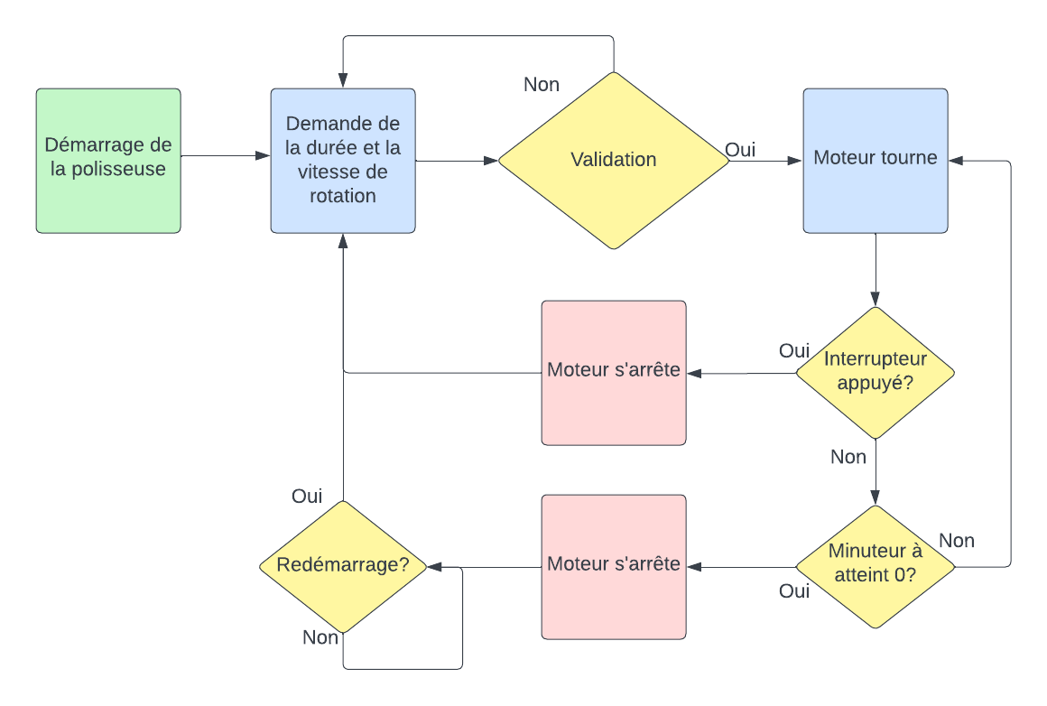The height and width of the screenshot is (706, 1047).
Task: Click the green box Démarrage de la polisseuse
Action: pos(108,160)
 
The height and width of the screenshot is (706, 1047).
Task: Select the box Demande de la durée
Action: pos(343,160)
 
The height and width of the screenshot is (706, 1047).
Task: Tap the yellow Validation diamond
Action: pos(614,160)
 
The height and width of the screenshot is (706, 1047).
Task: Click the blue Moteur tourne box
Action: pos(876,160)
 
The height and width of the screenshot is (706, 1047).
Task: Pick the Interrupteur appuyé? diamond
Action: pos(875,372)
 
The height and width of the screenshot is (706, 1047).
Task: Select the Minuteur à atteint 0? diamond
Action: pos(875,566)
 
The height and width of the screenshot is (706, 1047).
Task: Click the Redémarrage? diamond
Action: pos(343,566)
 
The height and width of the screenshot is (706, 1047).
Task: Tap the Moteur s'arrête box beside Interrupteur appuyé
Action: pos(614,372)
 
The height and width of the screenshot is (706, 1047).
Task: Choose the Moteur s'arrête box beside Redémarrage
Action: pos(614,566)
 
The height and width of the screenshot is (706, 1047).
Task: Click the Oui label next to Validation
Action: pos(740,150)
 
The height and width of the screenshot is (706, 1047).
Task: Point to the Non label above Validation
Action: pos(542,85)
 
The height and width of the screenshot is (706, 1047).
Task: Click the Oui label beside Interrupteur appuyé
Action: pos(794,350)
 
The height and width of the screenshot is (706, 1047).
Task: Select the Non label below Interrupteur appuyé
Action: pos(848,458)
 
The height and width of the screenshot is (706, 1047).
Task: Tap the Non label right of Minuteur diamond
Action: pos(957,541)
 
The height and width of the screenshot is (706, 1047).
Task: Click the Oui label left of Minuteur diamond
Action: pos(794,591)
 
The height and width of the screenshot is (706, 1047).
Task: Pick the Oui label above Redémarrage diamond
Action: pos(307,497)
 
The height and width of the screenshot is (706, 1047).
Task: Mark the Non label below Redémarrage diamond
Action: pos(320,638)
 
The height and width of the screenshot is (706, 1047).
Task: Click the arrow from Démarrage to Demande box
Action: pos(226,156)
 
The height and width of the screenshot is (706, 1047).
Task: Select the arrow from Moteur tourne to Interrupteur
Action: pos(875,271)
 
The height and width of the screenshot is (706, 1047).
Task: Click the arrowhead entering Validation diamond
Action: pos(492,161)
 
